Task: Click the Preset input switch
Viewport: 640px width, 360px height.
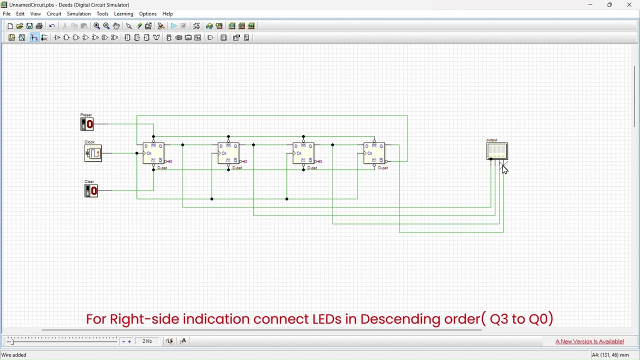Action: [87, 124]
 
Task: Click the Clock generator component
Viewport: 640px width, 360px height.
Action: [93, 153]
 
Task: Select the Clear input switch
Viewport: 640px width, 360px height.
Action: [91, 190]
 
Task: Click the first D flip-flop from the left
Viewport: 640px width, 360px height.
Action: [153, 153]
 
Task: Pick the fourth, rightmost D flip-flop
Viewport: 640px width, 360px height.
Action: [374, 153]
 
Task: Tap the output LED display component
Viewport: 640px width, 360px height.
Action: [497, 150]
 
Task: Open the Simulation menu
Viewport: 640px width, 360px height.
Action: [78, 14]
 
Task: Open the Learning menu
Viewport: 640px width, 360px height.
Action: [123, 14]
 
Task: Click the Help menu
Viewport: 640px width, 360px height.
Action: [167, 14]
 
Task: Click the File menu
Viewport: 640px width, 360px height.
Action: [6, 14]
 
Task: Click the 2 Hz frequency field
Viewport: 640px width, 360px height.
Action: [147, 341]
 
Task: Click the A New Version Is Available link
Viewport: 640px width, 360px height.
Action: [589, 341]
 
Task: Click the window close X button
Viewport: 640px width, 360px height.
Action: [629, 5]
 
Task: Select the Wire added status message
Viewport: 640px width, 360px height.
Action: [14, 355]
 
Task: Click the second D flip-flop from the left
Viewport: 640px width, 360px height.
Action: [228, 153]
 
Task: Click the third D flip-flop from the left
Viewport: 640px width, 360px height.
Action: [303, 153]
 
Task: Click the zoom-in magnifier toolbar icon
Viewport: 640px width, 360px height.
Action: [96, 26]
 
